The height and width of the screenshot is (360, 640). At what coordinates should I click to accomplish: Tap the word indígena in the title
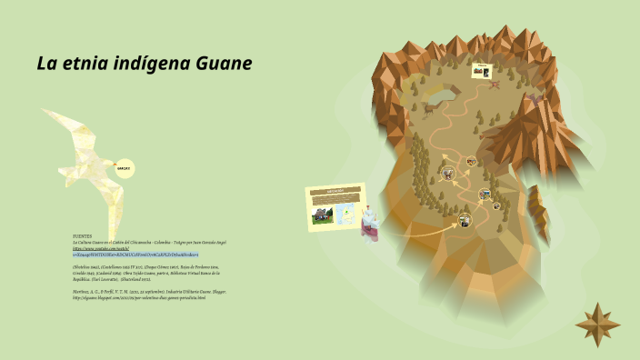pos(149,64)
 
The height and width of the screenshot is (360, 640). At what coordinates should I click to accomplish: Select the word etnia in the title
pos(88,64)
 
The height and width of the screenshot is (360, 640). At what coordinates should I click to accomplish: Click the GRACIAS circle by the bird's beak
pos(123,168)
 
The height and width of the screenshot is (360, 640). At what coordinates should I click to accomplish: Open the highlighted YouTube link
pos(136,255)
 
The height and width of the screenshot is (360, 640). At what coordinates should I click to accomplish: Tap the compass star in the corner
pos(597,319)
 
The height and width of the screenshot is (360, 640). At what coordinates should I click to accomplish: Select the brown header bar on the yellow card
pos(336,192)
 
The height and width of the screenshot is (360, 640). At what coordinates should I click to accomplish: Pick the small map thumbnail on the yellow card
pos(345,214)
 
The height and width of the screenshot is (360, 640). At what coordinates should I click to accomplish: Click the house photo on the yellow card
pos(322,215)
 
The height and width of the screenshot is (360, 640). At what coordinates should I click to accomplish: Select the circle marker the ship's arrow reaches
pos(465,219)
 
